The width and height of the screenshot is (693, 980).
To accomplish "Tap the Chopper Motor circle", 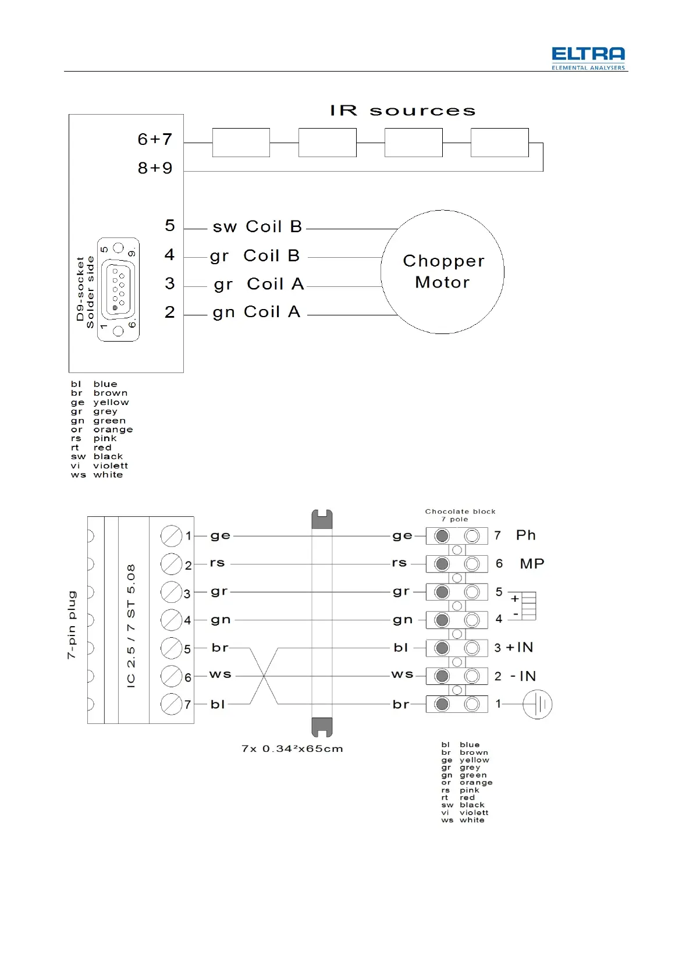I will pyautogui.click(x=442, y=272).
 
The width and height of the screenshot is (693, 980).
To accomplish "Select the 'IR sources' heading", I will pyautogui.click(x=403, y=111).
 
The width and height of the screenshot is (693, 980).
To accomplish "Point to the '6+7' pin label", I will pyautogui.click(x=155, y=140).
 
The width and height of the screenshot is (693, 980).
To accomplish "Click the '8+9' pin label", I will pyautogui.click(x=155, y=168).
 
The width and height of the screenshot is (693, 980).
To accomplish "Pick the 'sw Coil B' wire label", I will pyautogui.click(x=257, y=226).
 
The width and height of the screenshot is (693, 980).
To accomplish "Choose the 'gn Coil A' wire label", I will pyautogui.click(x=257, y=313).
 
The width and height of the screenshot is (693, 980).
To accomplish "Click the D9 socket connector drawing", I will pyautogui.click(x=118, y=289).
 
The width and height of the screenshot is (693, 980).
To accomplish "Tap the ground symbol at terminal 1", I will pyautogui.click(x=537, y=704).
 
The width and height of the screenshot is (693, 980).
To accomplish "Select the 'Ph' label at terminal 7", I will pyautogui.click(x=525, y=535).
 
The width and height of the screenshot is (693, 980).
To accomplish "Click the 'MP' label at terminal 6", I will pyautogui.click(x=532, y=564).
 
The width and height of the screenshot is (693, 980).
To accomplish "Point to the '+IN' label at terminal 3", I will pyautogui.click(x=520, y=648).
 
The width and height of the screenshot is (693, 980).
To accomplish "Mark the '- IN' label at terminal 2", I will pyautogui.click(x=523, y=676).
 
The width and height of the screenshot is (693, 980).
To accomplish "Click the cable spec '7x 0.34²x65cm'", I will pyautogui.click(x=292, y=749).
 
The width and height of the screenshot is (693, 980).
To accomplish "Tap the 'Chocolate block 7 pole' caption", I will pyautogui.click(x=460, y=515).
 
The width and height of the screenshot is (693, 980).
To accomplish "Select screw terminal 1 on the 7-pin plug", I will pyautogui.click(x=171, y=536).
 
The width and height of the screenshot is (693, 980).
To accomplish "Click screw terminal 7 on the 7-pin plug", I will pyautogui.click(x=171, y=704).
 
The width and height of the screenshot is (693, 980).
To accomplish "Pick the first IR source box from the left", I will pyautogui.click(x=241, y=143).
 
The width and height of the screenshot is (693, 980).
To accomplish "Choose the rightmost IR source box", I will pyautogui.click(x=499, y=143).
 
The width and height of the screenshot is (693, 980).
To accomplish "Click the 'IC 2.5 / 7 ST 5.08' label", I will pyautogui.click(x=131, y=626).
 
